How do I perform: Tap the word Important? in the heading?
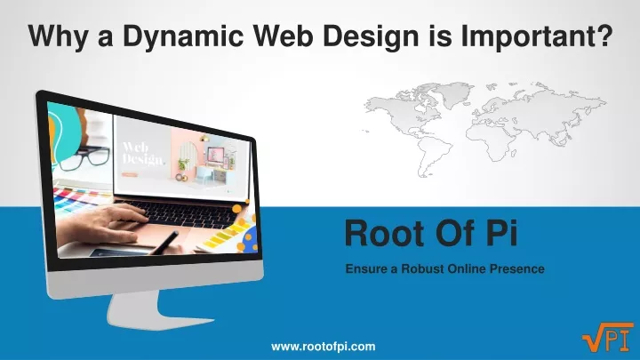point(537,36)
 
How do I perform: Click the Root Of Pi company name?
point(431,233)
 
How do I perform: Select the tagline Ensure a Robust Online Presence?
point(445,269)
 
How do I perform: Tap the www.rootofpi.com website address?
point(324,347)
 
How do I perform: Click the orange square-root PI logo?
point(608,337)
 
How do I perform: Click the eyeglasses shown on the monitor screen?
point(84,158)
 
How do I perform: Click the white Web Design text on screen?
point(143,154)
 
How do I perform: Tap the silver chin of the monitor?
point(155,279)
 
